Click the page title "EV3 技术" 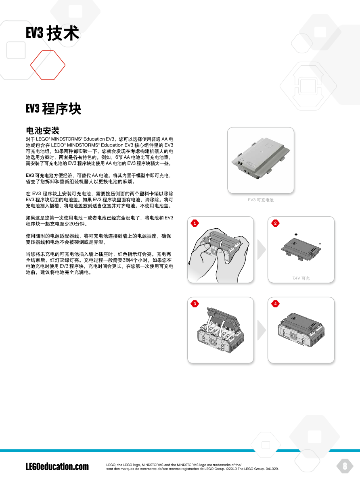(53, 33)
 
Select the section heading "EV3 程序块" (53, 109)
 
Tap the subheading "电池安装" (43, 131)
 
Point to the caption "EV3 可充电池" (261, 200)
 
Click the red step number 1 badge (195, 223)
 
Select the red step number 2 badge (275, 223)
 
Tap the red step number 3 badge (195, 304)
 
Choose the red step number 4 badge (275, 304)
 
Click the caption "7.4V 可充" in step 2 (301, 278)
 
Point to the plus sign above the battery (296, 234)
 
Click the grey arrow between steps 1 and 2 (261, 250)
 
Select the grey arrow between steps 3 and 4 (261, 330)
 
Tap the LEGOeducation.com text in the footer (57, 467)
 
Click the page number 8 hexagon (345, 466)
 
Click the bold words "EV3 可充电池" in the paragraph (40, 175)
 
